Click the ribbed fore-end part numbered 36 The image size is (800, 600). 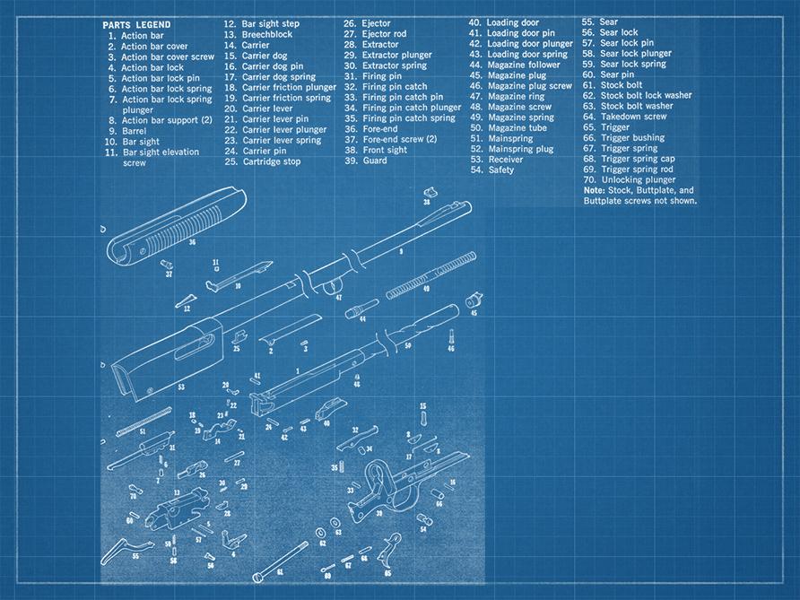pyautogui.click(x=171, y=224)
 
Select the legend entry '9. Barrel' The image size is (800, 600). pyautogui.click(x=127, y=131)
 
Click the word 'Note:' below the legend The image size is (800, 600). pyautogui.click(x=593, y=190)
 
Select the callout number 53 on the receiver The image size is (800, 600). pyautogui.click(x=180, y=387)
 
